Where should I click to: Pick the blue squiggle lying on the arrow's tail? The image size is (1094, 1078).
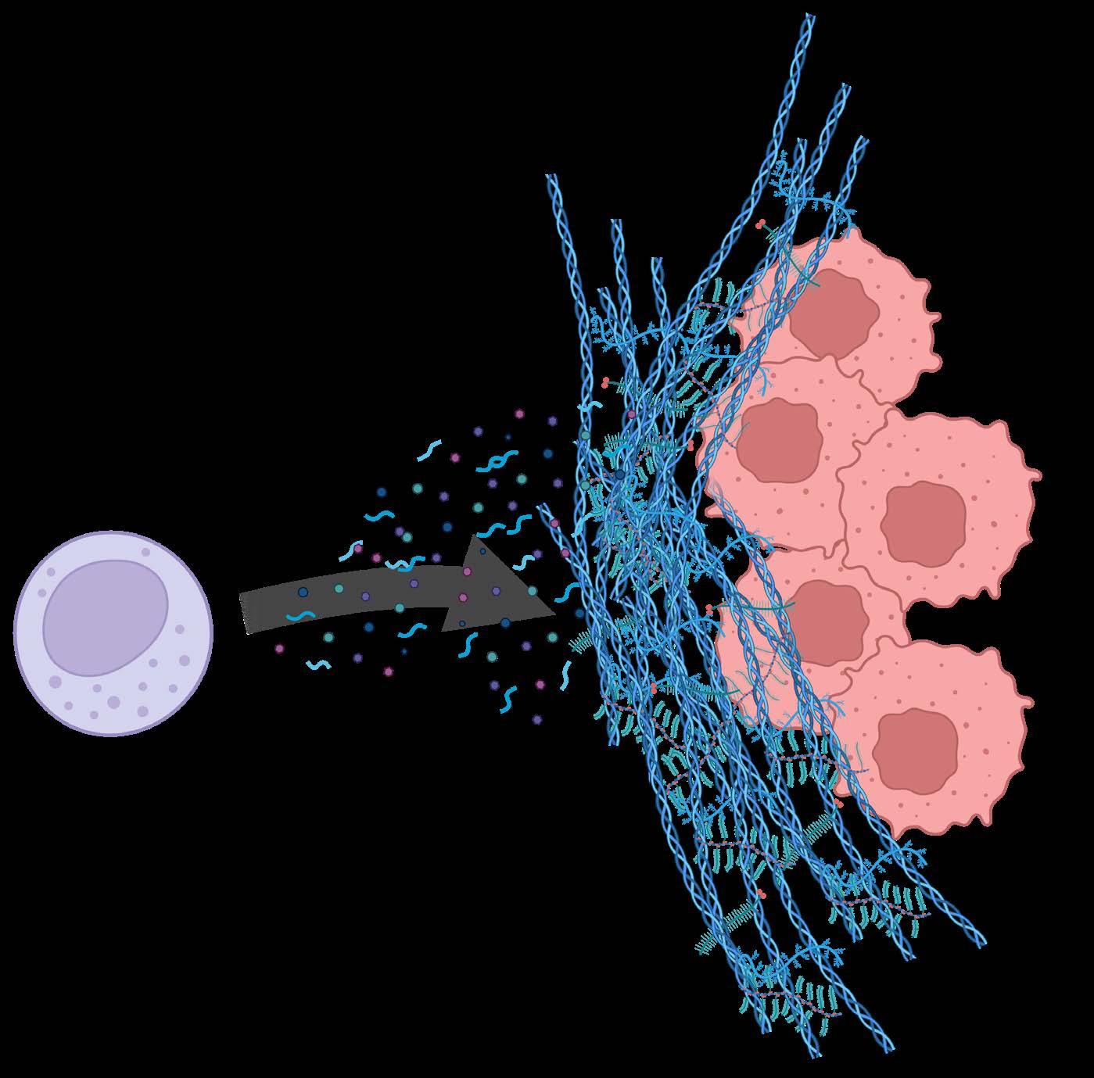pos(300,617)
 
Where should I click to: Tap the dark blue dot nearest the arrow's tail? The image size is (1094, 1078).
pos(303,593)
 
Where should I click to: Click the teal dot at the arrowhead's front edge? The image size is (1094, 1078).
pos(533,591)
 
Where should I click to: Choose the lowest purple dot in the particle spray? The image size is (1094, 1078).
pos(536,718)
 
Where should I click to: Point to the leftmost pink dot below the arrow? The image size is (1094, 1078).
pos(279,648)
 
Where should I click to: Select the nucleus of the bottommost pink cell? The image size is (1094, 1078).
pos(915,747)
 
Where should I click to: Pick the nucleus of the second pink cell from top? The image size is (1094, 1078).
pos(779,438)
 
